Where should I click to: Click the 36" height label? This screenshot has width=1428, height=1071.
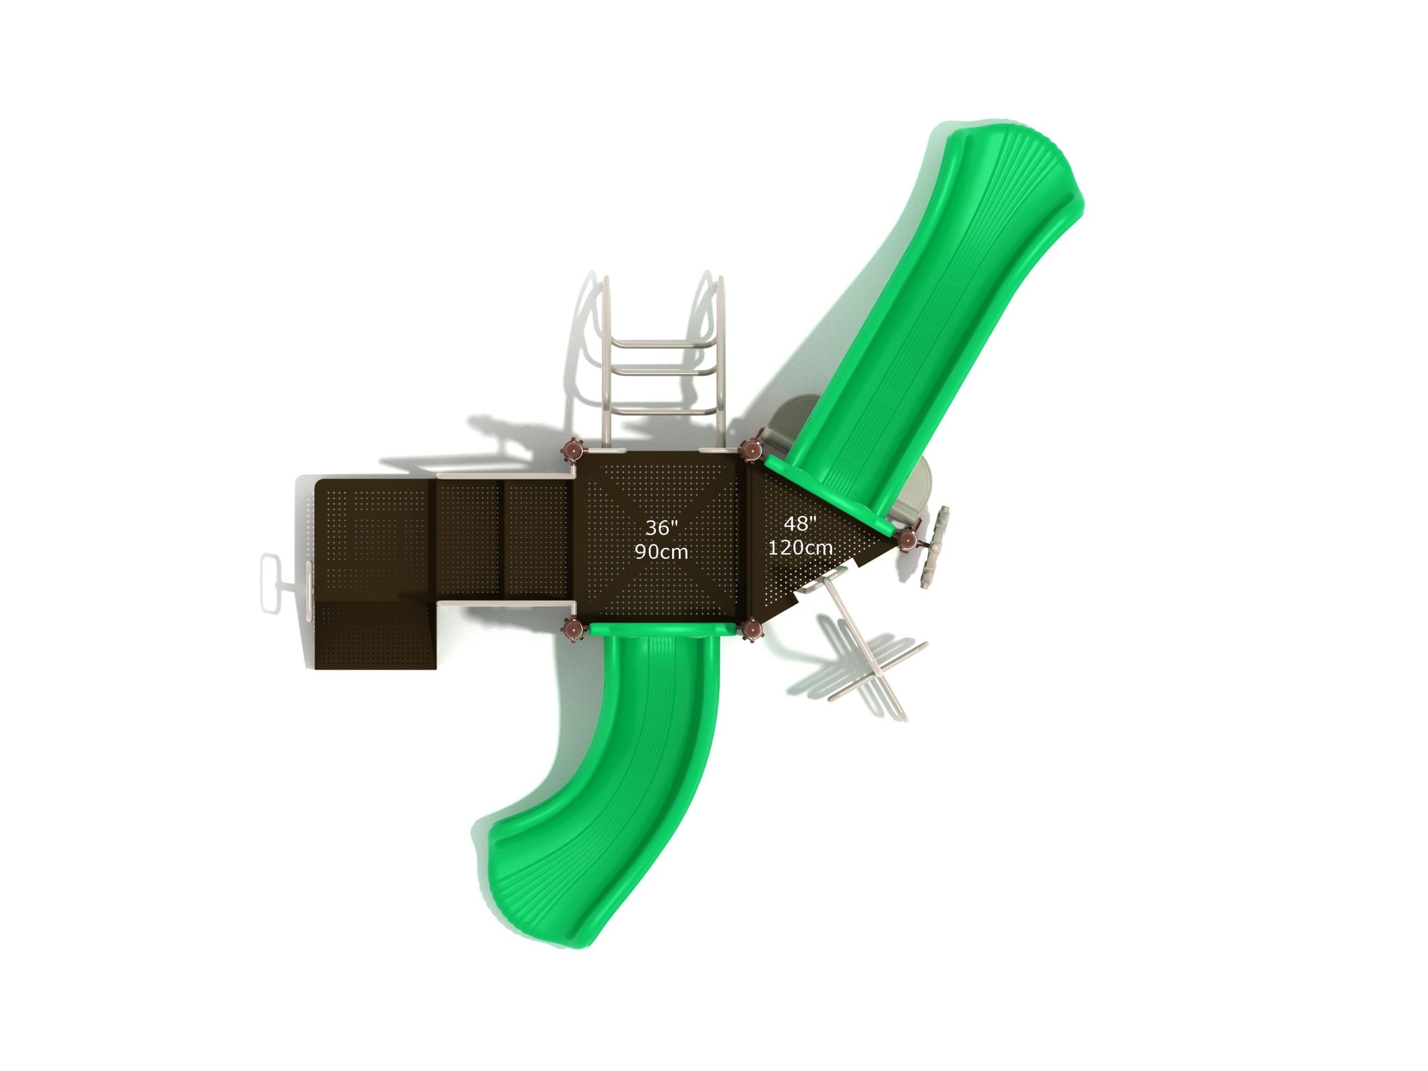coord(662,528)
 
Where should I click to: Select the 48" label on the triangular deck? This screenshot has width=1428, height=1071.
coord(800,524)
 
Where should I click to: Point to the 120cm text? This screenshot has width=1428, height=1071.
coord(800,547)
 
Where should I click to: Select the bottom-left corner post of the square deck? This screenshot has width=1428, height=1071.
coord(572,628)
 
